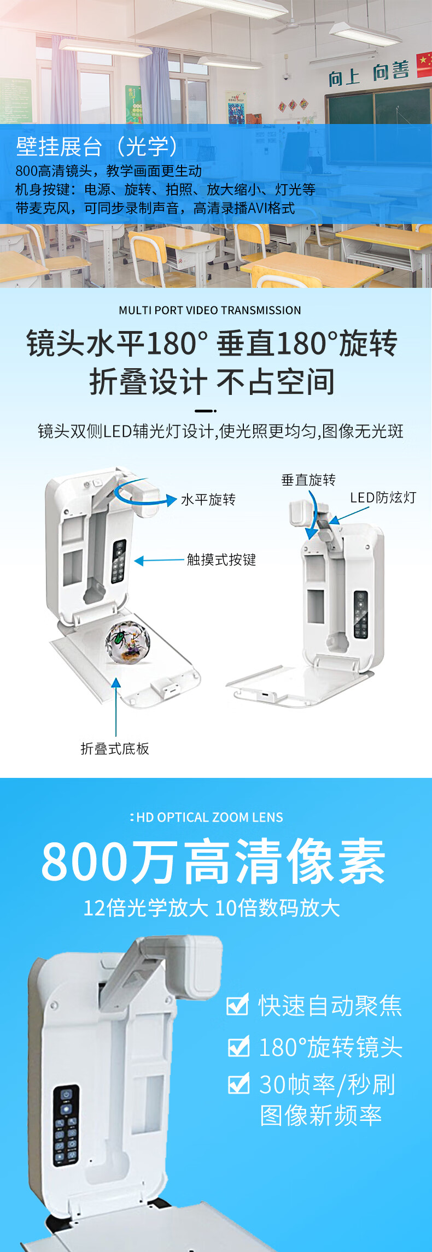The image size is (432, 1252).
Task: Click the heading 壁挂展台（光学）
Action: pos(97,146)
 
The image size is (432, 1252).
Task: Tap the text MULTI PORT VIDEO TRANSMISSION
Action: pos(210,310)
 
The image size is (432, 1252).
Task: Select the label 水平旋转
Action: pos(208,500)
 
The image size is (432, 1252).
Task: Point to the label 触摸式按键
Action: pos(221,560)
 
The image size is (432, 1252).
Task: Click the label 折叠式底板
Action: pos(115,748)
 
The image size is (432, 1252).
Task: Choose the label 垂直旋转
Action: pos(308,480)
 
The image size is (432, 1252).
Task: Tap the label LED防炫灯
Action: pos(383,498)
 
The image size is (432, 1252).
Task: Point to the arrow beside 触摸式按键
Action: pos(159,560)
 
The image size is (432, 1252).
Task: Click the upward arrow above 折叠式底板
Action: pos(116,707)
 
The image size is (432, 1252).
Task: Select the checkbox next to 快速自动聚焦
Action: pos(238,1005)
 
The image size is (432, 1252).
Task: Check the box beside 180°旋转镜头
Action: pos(238,1046)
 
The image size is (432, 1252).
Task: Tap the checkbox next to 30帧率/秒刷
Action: pos(238,1084)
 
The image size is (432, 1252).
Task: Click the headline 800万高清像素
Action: pos(214,863)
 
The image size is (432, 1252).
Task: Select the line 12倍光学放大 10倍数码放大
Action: pos(212,908)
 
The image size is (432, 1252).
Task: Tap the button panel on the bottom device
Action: pos(66,1125)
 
